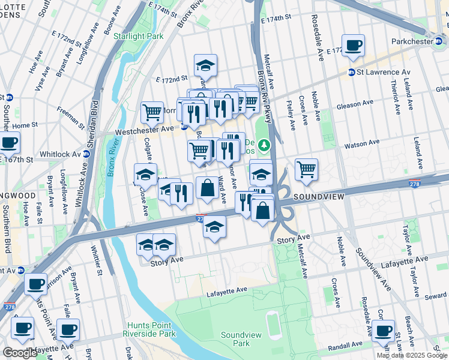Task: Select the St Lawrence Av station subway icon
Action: (x=351, y=73)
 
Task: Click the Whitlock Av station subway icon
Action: (x=86, y=154)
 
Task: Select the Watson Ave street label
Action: (x=361, y=143)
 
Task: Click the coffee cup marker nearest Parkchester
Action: (x=353, y=45)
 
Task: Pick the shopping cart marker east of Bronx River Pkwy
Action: (x=307, y=170)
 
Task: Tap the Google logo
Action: (x=20, y=353)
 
